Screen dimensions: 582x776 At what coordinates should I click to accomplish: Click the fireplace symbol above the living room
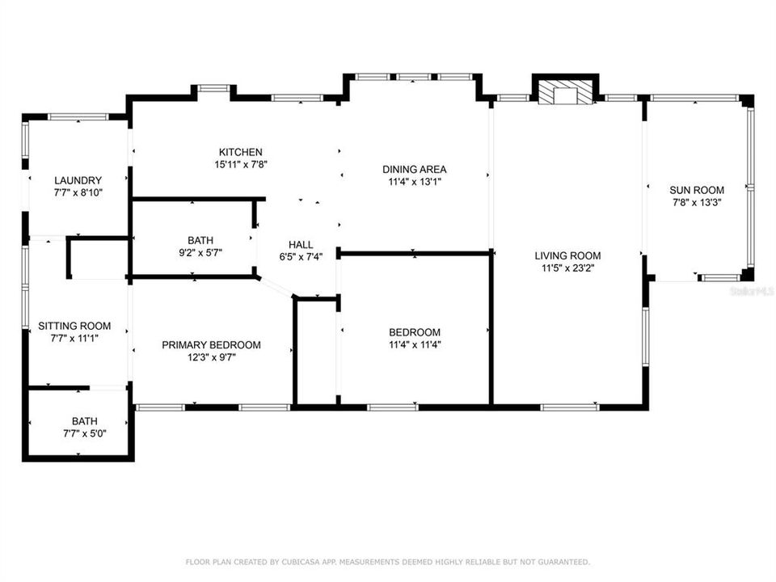[x=565, y=92]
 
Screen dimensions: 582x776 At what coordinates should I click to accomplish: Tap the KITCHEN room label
[x=240, y=152]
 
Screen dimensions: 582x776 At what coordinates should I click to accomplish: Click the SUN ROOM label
[x=696, y=190]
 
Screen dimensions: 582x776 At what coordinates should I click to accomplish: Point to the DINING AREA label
[x=414, y=169]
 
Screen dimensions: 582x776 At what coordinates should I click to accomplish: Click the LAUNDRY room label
[x=78, y=180]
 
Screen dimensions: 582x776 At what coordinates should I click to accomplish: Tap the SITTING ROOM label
[x=74, y=327]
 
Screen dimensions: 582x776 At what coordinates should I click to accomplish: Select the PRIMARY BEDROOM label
[x=211, y=344]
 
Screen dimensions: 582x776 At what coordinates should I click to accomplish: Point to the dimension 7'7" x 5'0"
[x=83, y=433]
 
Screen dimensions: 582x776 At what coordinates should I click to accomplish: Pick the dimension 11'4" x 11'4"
[x=414, y=344]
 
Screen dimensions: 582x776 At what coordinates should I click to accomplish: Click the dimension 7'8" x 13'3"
[x=696, y=203]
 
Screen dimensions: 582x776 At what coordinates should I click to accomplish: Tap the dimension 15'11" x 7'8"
[x=240, y=165]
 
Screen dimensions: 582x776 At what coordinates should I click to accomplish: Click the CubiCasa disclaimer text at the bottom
[x=388, y=562]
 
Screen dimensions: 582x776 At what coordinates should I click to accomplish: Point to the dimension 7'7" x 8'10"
[x=78, y=192]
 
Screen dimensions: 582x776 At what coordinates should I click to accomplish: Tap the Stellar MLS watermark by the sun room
[x=751, y=289]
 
